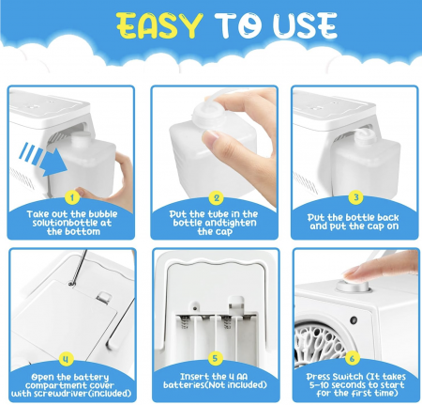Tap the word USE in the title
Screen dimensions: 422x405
click(305, 25)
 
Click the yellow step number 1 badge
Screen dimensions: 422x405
click(72, 197)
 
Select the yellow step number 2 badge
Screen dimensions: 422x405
click(217, 198)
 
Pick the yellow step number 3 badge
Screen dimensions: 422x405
click(356, 197)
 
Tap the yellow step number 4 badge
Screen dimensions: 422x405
click(66, 359)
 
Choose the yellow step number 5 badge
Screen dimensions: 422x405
click(215, 358)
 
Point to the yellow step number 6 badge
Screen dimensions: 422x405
click(352, 358)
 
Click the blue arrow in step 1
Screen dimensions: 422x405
click(44, 159)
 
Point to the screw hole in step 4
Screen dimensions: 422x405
click(71, 284)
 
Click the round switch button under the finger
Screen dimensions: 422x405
click(353, 286)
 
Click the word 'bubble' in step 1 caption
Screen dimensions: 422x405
click(103, 214)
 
